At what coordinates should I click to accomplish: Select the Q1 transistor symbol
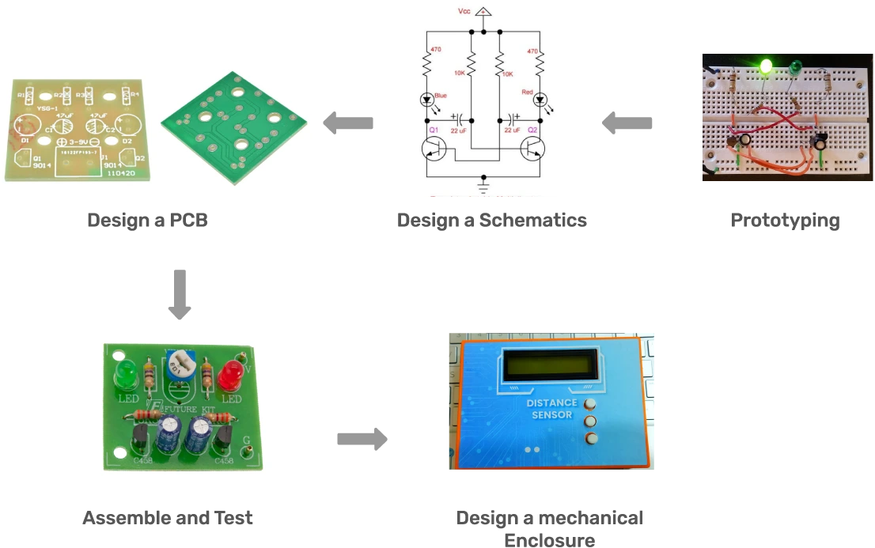pyautogui.click(x=433, y=148)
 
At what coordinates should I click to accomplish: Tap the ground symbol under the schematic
pyautogui.click(x=484, y=187)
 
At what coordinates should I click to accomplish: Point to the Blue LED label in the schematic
pyautogui.click(x=441, y=95)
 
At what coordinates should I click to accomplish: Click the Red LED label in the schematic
pyautogui.click(x=527, y=92)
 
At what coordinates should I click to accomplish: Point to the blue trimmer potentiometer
pyautogui.click(x=180, y=365)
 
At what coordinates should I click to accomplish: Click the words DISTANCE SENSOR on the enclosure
pyautogui.click(x=551, y=409)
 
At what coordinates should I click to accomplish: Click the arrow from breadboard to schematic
pyautogui.click(x=630, y=123)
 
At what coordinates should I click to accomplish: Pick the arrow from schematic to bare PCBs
pyautogui.click(x=348, y=123)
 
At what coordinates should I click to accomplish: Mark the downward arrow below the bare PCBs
pyautogui.click(x=181, y=293)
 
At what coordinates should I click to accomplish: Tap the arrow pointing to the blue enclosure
pyautogui.click(x=363, y=439)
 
